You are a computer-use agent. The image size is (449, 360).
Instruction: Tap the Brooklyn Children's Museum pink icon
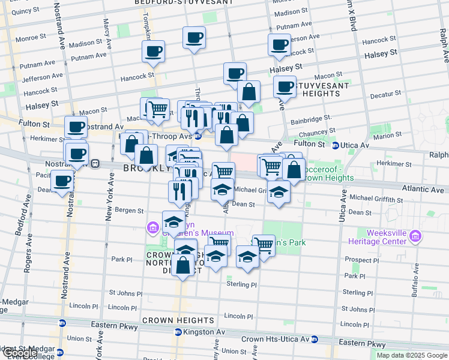(x=152, y=227)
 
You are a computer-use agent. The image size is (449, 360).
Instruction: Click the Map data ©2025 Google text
(x=412, y=355)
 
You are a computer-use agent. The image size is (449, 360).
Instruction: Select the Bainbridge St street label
(x=313, y=119)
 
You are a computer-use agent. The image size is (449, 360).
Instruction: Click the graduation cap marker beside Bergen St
(x=173, y=221)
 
